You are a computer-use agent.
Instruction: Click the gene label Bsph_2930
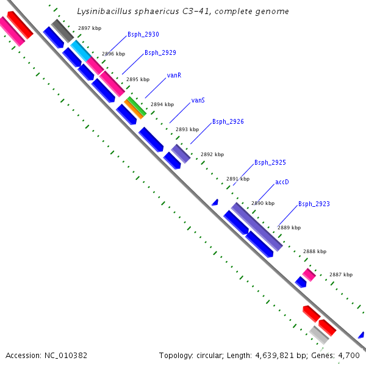143,35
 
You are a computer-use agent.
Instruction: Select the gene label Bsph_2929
160,53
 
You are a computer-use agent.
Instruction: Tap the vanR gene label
174,76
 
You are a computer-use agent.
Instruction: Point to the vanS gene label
198,100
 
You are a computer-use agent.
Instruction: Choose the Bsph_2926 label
228,122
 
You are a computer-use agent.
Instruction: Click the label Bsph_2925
270,162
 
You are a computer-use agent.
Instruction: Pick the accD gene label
282,182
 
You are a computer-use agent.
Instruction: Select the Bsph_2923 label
314,204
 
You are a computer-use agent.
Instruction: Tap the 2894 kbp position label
162,104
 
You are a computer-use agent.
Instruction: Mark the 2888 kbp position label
315,251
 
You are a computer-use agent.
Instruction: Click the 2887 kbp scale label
341,274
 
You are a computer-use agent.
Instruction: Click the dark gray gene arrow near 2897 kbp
62,30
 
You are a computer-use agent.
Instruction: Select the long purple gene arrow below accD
256,226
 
